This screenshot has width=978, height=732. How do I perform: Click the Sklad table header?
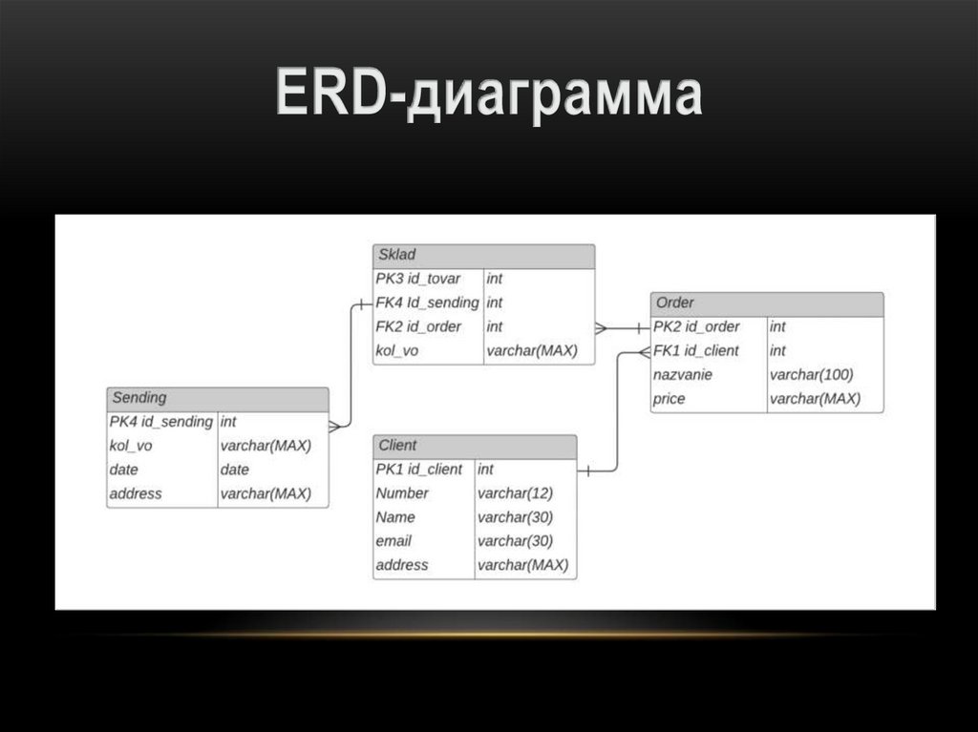pos(483,256)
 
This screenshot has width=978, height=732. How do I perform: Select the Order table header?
pos(766,303)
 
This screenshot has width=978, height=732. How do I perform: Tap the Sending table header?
pos(218,398)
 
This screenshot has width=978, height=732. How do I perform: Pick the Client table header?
pos(475,446)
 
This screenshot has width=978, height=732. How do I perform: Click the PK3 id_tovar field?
pos(418,279)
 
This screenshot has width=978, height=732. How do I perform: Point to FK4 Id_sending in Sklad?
pos(427,303)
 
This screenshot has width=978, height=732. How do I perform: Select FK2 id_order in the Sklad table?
pos(418,326)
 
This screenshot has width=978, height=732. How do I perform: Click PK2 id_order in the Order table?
pos(697,326)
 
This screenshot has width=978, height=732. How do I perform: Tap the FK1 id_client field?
pos(697,350)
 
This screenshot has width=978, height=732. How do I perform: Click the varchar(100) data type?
pos(812,375)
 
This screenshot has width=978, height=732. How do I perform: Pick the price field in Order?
pos(670,399)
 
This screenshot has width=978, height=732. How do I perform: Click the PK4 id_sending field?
pos(161,422)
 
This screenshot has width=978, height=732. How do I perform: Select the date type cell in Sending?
pos(235,470)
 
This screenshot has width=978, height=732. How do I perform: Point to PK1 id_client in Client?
pos(419,470)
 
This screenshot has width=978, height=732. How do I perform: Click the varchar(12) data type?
pos(515,493)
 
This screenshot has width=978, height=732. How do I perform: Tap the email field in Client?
pos(393,541)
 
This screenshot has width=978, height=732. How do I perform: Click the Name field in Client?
pos(395,517)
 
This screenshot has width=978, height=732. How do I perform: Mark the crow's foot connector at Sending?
pos(335,427)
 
